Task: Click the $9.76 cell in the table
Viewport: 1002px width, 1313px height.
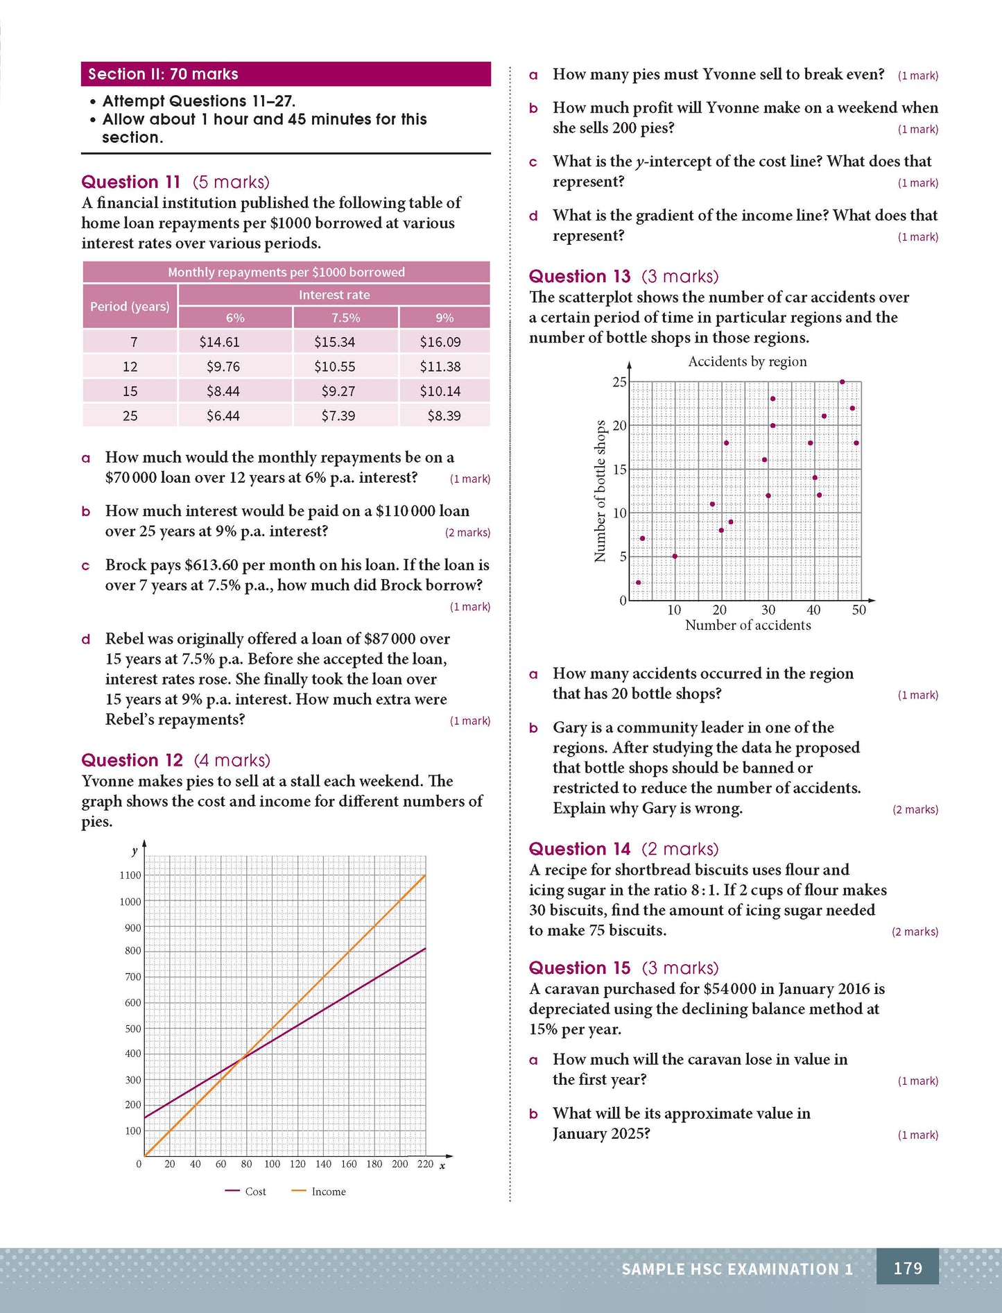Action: point(223,366)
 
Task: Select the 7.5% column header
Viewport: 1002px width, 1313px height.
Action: point(345,318)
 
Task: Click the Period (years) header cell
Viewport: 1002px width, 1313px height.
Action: point(130,306)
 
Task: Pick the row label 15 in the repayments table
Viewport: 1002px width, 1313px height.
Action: point(130,391)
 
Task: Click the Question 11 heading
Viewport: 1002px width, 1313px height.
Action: point(130,182)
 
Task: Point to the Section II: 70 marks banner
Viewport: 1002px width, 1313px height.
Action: point(285,74)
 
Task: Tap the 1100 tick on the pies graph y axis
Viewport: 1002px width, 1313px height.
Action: point(130,875)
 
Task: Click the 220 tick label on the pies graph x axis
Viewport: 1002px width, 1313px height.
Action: point(425,1164)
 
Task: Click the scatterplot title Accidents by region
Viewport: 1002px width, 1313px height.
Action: point(747,361)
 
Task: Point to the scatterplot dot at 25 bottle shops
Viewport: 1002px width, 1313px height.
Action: point(842,381)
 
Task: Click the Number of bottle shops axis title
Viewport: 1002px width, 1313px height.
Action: point(600,490)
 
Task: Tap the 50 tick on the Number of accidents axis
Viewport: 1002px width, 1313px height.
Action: point(858,610)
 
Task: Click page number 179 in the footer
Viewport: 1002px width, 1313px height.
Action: point(907,1269)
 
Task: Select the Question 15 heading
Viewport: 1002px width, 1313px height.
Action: point(580,968)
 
